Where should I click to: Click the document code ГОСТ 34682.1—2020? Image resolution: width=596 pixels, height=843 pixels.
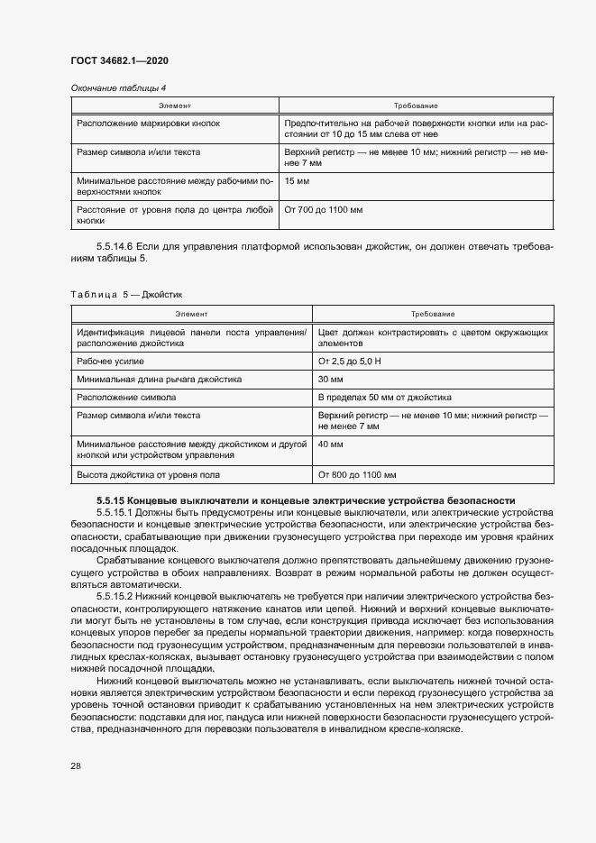(x=119, y=60)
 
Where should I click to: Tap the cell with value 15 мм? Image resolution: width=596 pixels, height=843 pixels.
(x=297, y=181)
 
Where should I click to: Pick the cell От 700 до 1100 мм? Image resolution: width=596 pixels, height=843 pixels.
(x=323, y=209)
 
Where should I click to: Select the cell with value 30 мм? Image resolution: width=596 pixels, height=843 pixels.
(x=331, y=380)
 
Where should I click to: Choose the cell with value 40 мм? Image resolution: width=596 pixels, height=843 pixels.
(x=331, y=444)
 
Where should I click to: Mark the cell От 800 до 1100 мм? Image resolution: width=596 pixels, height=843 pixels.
(x=357, y=474)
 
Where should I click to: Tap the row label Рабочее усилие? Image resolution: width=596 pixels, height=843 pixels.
(x=110, y=361)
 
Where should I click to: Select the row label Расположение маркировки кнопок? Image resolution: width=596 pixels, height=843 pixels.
(x=148, y=122)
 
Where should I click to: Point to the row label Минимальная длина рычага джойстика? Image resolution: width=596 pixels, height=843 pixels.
(x=159, y=380)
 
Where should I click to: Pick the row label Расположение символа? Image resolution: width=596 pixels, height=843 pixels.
(x=126, y=398)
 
